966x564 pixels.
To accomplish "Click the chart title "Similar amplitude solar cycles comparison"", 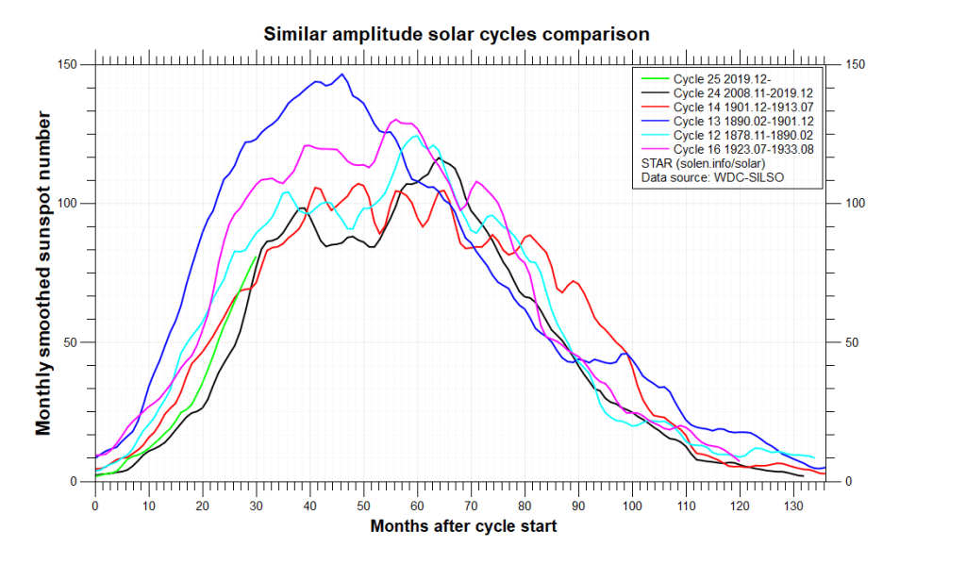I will point(456,35).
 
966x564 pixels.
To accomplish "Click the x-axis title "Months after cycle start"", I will point(463,526).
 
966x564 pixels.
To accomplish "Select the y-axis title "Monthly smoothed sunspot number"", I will point(43,273).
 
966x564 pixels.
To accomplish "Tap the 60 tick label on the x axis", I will point(416,506).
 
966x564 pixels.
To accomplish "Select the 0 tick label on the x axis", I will point(95,506).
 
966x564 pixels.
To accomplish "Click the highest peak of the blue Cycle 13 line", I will point(342,75).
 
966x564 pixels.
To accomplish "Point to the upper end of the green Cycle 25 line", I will point(257,257).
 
